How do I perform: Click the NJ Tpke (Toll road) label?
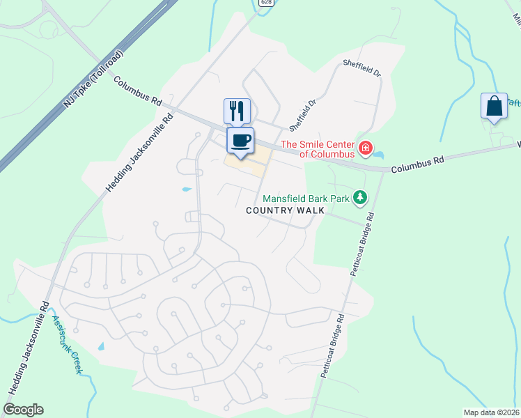pos(93,77)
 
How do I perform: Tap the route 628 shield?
pos(265,3)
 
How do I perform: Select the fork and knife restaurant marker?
pos(237,111)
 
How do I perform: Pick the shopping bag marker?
pos(494,107)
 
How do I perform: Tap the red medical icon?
pos(366,148)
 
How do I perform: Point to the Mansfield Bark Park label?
pos(306,199)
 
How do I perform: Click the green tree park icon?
pos(359,199)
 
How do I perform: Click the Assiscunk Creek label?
pos(67,344)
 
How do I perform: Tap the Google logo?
pos(24,410)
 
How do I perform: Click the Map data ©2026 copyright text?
pos(491,412)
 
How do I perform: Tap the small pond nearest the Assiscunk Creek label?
pos(102,346)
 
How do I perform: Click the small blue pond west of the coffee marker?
pos(186,189)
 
